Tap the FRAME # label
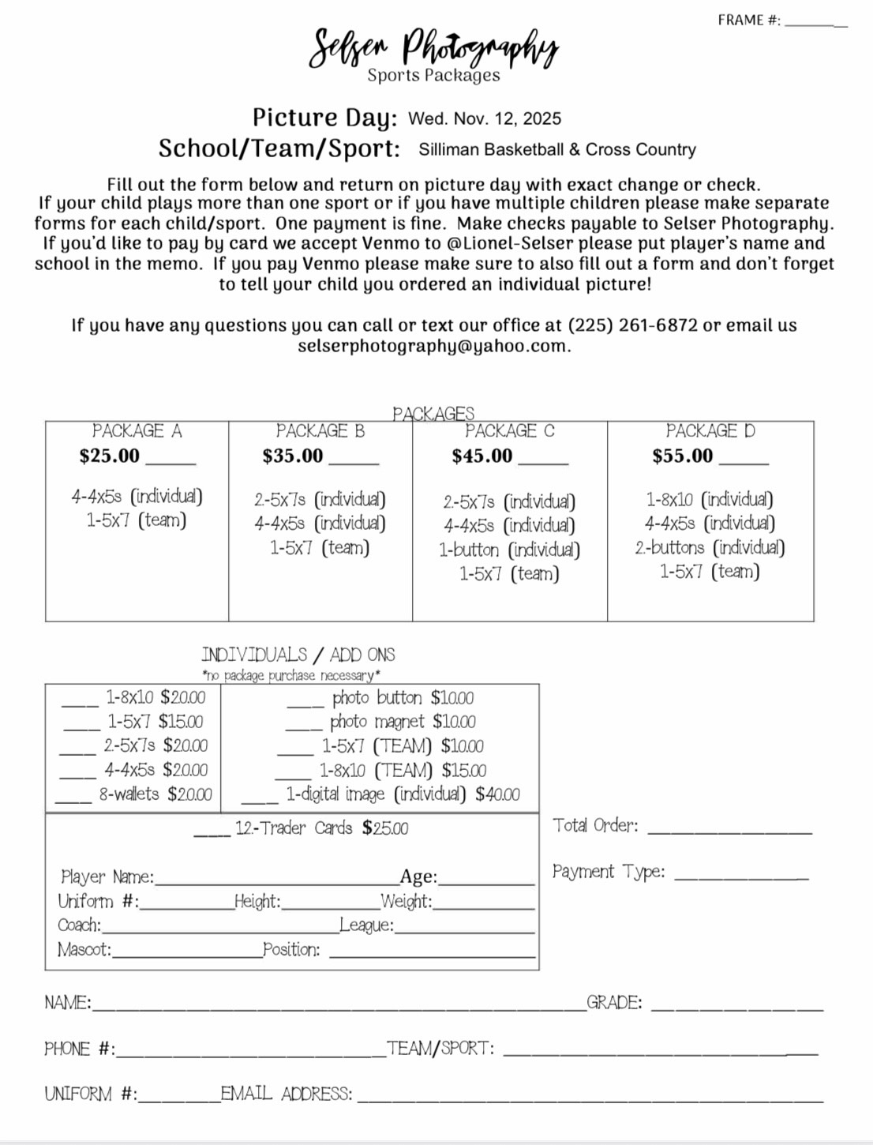(x=748, y=21)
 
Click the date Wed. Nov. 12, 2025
(x=485, y=118)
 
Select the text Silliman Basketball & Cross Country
(x=557, y=149)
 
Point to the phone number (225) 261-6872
(x=633, y=325)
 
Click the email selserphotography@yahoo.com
(x=433, y=346)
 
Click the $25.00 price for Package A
(x=110, y=456)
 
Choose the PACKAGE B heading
(x=320, y=431)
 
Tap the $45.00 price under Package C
(x=482, y=456)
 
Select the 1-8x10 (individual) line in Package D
(x=710, y=499)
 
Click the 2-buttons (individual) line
(x=710, y=547)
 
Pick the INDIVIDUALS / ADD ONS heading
(x=298, y=655)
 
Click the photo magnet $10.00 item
(x=403, y=722)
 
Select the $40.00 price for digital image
(x=497, y=794)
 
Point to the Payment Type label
(x=609, y=872)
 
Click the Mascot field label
(x=84, y=949)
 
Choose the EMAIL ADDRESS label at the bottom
(x=287, y=1094)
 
